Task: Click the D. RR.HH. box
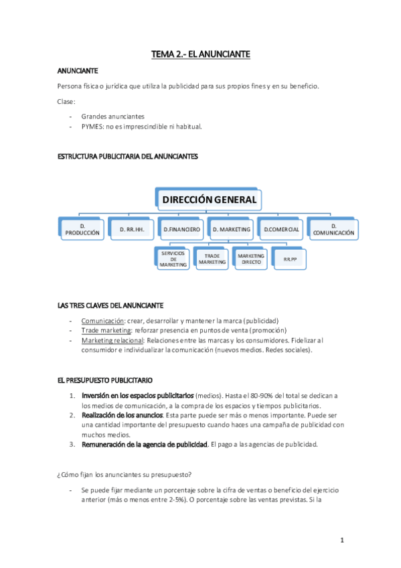132,229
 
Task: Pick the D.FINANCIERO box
181,229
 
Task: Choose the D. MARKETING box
232,229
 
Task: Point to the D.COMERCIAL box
281,229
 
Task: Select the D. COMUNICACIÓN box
332,229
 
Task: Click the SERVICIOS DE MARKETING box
173,259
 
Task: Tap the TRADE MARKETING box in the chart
212,259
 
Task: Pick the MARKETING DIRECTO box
251,259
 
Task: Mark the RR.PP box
291,259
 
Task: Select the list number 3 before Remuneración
72,444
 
